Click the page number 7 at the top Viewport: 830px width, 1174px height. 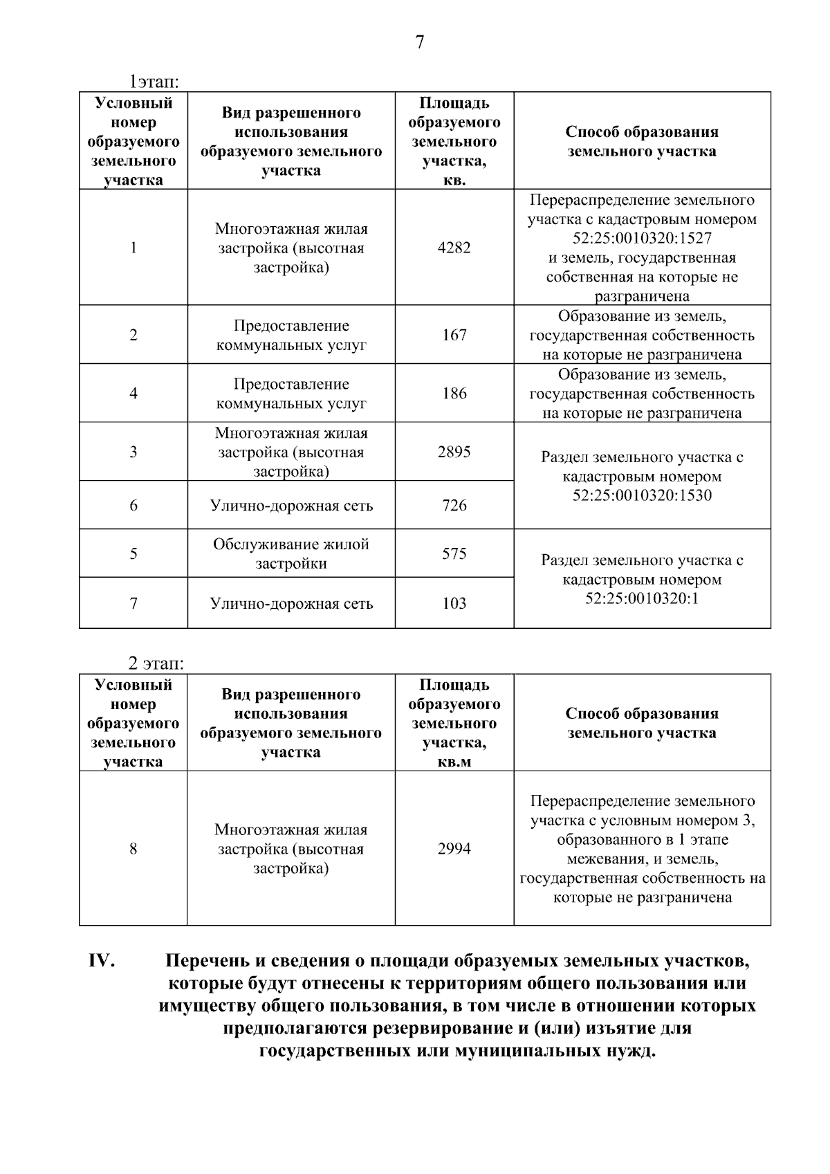[419, 43]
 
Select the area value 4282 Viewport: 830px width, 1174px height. [454, 248]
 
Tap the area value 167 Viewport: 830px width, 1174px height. [454, 335]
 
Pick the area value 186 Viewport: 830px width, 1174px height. [454, 394]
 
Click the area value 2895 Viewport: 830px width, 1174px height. [454, 452]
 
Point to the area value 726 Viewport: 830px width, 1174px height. [454, 506]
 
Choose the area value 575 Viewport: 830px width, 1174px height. [454, 553]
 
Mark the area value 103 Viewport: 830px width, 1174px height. [454, 603]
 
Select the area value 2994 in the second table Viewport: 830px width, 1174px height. [454, 849]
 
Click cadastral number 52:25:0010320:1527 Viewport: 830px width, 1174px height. [642, 239]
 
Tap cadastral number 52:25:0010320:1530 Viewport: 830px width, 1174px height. [642, 495]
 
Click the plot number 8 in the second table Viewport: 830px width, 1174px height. [133, 849]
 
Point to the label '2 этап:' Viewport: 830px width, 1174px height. [156, 664]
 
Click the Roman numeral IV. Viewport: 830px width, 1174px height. [101, 962]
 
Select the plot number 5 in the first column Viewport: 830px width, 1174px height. [133, 553]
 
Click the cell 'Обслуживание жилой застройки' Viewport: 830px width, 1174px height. [291, 553]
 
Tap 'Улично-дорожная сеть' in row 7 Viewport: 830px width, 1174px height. [291, 603]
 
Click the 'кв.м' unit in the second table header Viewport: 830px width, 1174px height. [454, 762]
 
